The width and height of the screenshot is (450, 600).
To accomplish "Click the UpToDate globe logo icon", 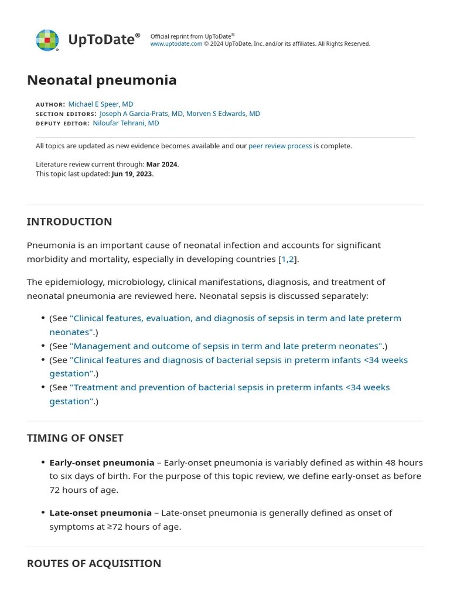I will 47,40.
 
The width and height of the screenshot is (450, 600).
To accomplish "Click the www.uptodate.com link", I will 176,44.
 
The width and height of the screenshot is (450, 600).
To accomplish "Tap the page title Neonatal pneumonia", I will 101,80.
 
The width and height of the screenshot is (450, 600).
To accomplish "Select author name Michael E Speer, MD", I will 101,104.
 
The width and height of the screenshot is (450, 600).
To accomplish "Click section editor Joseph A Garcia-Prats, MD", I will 141,114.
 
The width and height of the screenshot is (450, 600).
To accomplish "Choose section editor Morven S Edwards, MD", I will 223,114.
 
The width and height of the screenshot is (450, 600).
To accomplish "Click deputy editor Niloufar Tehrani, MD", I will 126,124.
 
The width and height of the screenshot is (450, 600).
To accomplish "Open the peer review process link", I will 280,146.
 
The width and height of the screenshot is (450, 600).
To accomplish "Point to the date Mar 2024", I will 162,165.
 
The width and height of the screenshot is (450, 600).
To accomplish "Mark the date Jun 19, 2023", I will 132,174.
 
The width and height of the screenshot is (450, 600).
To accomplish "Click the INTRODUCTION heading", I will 69,221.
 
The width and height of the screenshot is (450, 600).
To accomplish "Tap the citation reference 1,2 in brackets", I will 288,259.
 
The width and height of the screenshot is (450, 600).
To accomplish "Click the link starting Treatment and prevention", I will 229,387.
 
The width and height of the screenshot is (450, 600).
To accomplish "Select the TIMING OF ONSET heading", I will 75,438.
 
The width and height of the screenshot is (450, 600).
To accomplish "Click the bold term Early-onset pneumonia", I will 102,462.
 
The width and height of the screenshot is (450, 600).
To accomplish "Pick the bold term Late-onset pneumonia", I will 100,513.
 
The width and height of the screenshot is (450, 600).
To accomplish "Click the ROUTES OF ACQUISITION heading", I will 94,564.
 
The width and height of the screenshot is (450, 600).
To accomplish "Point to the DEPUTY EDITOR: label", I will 63,124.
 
